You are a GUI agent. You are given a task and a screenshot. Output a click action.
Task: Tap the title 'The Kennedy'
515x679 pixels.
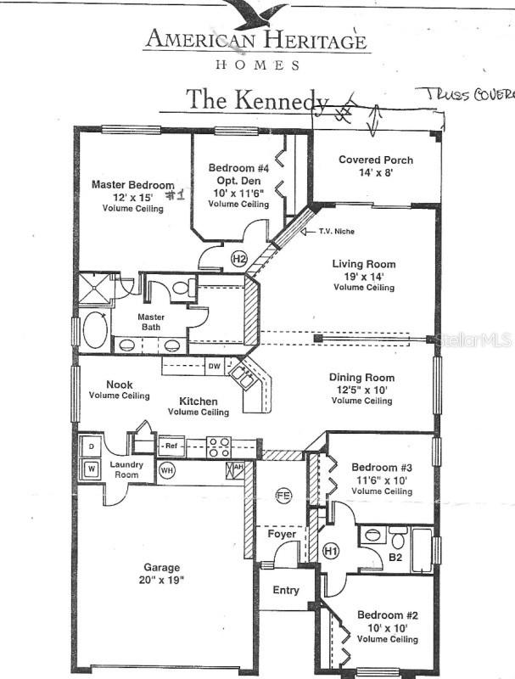click(257, 99)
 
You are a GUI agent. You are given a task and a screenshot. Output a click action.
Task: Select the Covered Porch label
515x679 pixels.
click(376, 160)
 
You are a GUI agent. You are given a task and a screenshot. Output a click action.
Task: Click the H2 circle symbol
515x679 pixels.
click(239, 259)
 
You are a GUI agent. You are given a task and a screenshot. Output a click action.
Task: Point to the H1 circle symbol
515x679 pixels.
click(332, 551)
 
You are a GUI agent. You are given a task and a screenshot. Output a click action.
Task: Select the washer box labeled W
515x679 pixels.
click(90, 469)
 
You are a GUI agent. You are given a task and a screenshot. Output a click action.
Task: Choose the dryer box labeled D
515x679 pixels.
click(90, 447)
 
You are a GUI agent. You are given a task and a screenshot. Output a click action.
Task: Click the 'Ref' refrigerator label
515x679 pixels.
click(171, 444)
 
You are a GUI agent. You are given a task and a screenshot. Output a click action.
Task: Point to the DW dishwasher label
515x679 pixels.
click(215, 367)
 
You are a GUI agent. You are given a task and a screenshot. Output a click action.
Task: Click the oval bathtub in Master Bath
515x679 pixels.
click(95, 331)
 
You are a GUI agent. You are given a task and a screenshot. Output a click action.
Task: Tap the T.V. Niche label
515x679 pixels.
click(337, 232)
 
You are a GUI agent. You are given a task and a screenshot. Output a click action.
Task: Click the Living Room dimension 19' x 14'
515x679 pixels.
click(363, 276)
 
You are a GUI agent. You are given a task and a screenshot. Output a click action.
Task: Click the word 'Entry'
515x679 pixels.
click(286, 590)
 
